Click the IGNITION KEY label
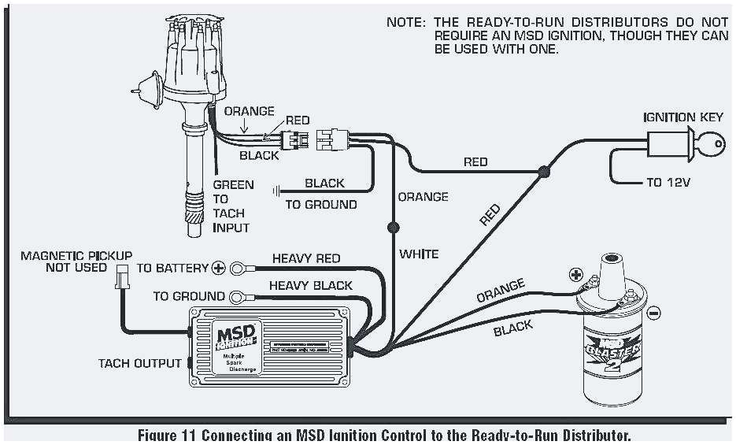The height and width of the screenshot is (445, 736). (x=682, y=117)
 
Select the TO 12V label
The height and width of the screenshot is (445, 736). (x=668, y=182)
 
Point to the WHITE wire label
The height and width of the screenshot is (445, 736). (x=419, y=254)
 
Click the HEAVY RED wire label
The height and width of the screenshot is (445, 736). (x=306, y=258)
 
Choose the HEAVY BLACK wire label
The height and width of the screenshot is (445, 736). (x=311, y=285)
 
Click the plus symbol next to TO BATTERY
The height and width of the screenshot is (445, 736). (x=219, y=268)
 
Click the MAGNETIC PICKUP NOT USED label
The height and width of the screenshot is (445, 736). (x=76, y=261)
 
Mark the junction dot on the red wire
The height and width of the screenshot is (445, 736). (x=542, y=171)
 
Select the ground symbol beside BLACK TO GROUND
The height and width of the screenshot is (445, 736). (x=276, y=190)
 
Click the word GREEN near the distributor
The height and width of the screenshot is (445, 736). (x=234, y=185)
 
